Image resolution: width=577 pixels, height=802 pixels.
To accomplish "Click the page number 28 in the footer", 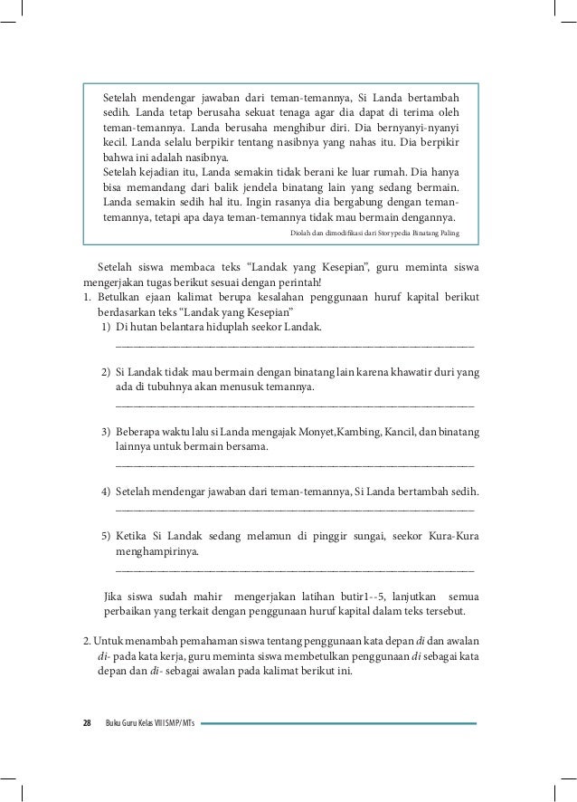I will (87, 723).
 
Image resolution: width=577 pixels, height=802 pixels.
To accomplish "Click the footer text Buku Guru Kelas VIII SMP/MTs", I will (149, 723).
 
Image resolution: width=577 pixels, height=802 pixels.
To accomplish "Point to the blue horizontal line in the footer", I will (345, 723).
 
